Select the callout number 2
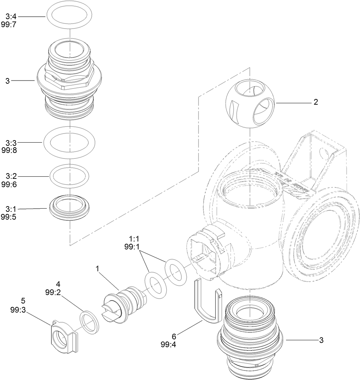[315, 103]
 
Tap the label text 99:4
[168, 344]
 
